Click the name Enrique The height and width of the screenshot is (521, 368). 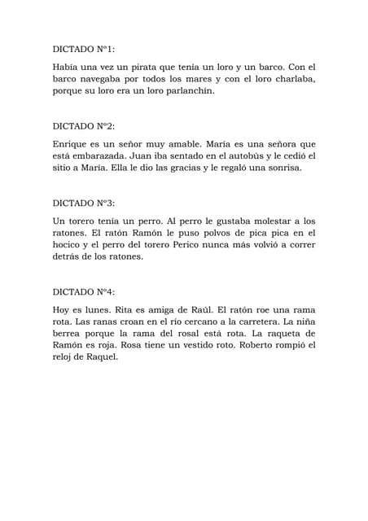coord(72,144)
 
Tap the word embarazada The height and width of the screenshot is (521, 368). coord(102,156)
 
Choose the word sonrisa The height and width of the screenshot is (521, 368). coord(279,169)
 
